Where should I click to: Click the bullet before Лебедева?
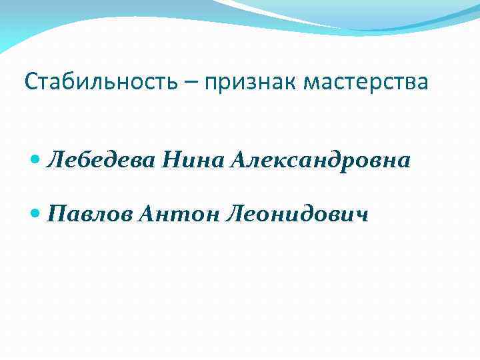(x=36, y=161)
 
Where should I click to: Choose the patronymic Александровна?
(x=321, y=161)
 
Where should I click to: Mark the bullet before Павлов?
(x=36, y=214)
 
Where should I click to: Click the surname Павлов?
(x=93, y=214)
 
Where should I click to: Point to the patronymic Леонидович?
(x=297, y=214)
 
